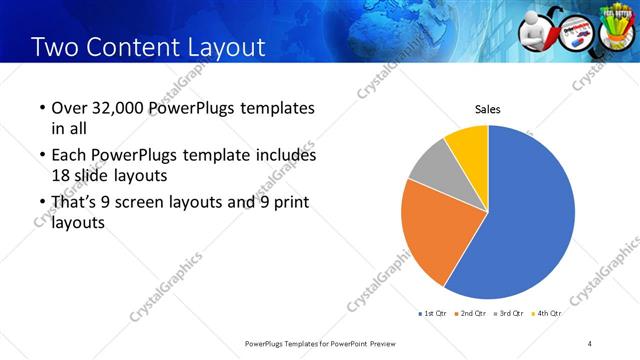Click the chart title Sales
pyautogui.click(x=487, y=110)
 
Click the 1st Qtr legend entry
pyautogui.click(x=433, y=313)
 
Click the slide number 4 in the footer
pyautogui.click(x=590, y=343)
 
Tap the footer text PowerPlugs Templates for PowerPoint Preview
pyautogui.click(x=320, y=343)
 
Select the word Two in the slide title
pyautogui.click(x=55, y=47)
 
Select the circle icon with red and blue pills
pyautogui.click(x=577, y=32)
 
